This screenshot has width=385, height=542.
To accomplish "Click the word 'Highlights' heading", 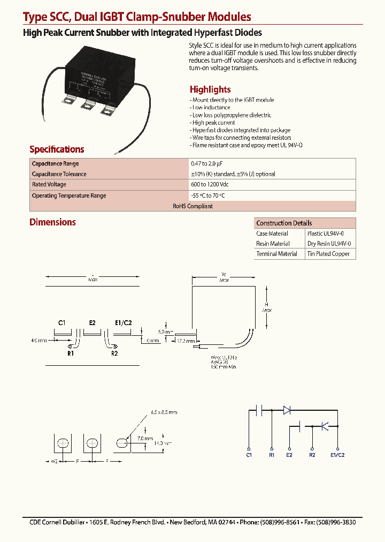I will pos(210,89).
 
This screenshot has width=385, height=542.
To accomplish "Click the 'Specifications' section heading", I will pos(57,149).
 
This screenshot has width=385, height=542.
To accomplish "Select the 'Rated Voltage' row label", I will pos(49,184).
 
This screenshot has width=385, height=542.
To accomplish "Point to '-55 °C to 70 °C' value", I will pos(208,195).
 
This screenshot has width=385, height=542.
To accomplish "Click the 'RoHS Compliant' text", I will pos(192,206).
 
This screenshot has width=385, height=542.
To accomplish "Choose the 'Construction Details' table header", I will pos(284,223).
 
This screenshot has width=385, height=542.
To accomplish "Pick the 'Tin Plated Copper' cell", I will pos(328,254).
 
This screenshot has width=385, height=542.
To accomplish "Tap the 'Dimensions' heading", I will pos(52,222).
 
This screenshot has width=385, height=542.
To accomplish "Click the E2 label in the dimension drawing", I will pos(92,322).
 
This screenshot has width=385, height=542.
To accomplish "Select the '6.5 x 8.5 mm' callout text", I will pos(164,412).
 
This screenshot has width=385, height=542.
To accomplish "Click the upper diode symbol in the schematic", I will pos(287,410).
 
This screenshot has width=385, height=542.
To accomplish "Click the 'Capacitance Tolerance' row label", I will pos(59,174).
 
